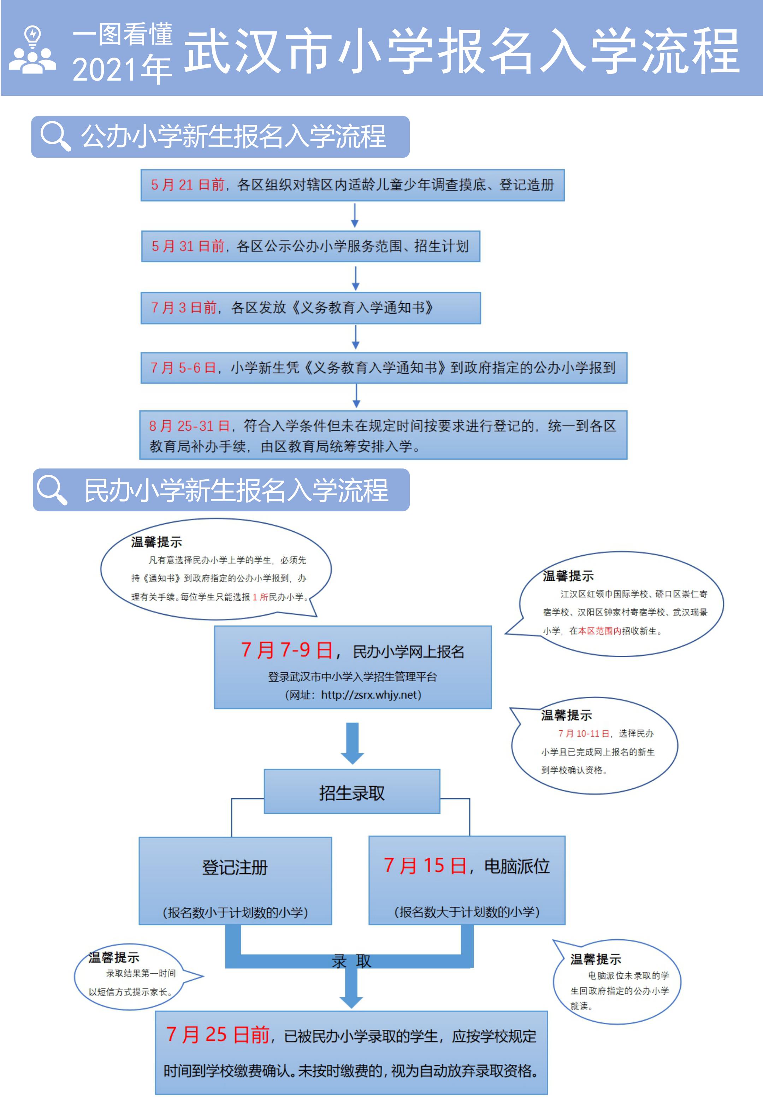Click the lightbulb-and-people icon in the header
click(x=32, y=50)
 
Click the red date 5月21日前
click(x=188, y=185)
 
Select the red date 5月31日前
click(x=188, y=246)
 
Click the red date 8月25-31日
click(x=189, y=426)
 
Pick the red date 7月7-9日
click(x=287, y=650)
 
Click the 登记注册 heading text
click(x=235, y=867)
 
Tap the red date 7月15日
click(x=425, y=866)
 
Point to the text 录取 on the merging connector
click(x=351, y=961)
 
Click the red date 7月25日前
click(x=218, y=1035)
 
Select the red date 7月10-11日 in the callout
click(x=584, y=733)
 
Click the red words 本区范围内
click(x=599, y=631)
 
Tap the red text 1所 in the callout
click(x=260, y=597)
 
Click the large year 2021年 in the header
click(x=122, y=69)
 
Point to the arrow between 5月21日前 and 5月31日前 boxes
click(x=355, y=215)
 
